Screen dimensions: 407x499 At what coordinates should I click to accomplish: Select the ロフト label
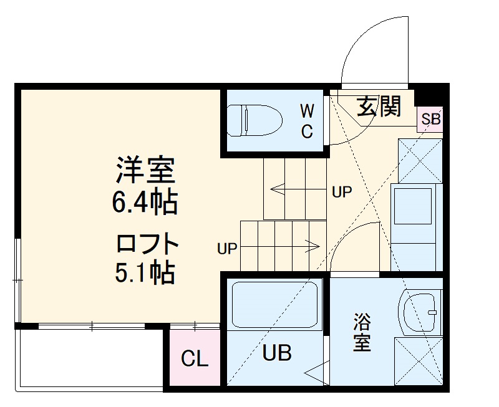[148, 243]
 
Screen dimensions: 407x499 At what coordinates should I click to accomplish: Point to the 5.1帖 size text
[144, 272]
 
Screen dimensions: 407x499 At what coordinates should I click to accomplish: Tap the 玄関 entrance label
[379, 107]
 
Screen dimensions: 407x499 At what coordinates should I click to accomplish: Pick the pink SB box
[430, 119]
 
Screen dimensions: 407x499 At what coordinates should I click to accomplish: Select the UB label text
[276, 353]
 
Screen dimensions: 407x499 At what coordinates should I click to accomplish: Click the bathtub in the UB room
[274, 306]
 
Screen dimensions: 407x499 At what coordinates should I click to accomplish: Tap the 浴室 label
[362, 333]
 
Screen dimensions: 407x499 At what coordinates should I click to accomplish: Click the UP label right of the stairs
[342, 192]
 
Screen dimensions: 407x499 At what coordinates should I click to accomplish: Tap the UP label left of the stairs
[227, 249]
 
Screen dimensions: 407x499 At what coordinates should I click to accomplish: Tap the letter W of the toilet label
[307, 112]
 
